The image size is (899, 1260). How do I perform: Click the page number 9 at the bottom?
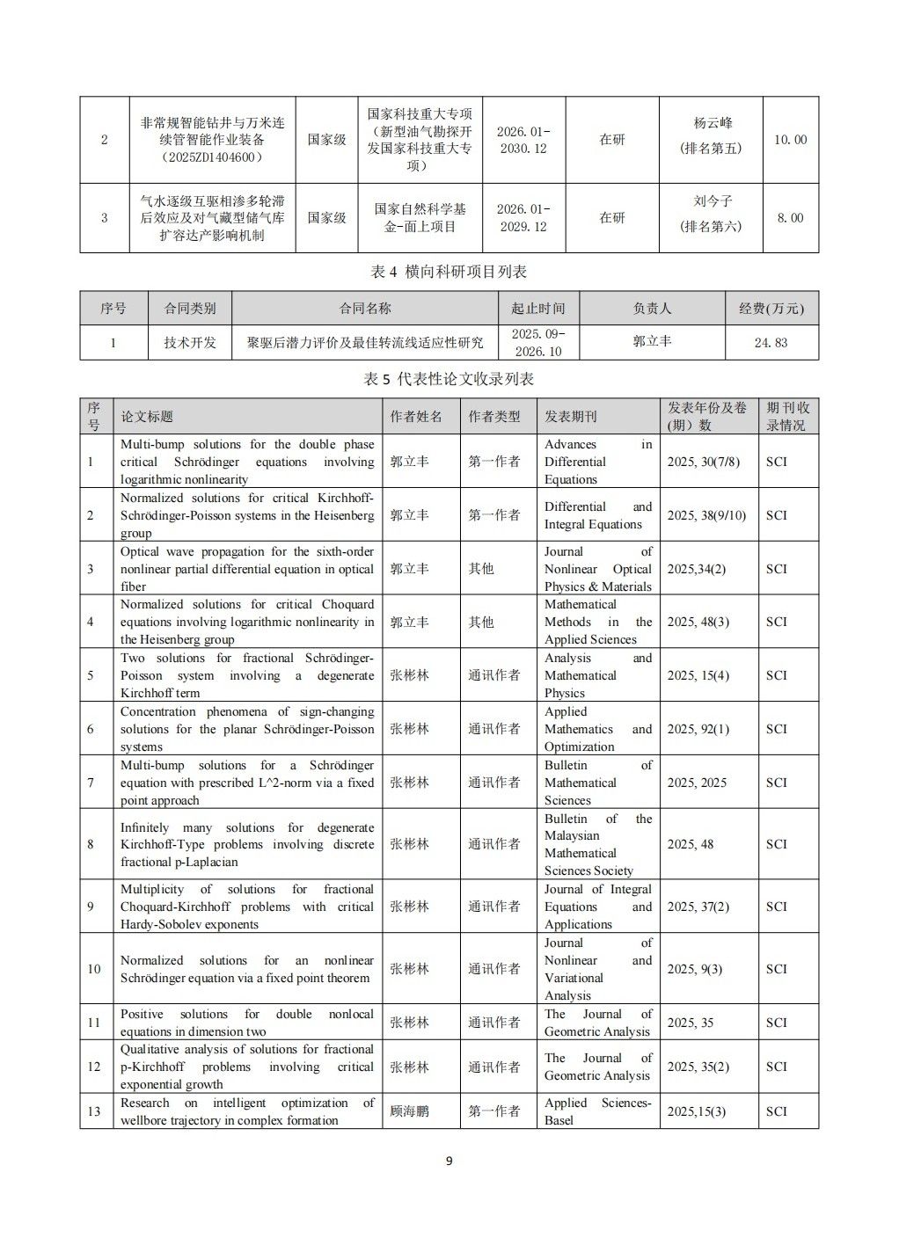click(449, 1161)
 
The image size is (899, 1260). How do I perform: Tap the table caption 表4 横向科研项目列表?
click(449, 272)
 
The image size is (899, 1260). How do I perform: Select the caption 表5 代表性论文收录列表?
click(449, 379)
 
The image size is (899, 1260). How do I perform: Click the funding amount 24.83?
click(771, 343)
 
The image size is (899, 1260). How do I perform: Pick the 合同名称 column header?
click(365, 309)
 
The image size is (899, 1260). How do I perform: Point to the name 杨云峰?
click(713, 123)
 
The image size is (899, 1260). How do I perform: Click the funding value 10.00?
click(790, 140)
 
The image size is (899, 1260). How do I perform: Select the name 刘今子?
click(713, 201)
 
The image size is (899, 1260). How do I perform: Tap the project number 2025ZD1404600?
click(213, 157)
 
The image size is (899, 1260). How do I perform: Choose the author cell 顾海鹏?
click(410, 1111)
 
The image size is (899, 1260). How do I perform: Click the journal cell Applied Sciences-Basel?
click(597, 1111)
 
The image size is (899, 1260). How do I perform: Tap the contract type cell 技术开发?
click(190, 343)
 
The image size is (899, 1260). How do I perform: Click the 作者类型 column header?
click(494, 417)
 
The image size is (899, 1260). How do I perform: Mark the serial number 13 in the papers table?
click(94, 1111)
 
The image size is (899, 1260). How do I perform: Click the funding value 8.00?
click(790, 218)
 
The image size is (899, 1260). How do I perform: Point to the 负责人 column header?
click(652, 309)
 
